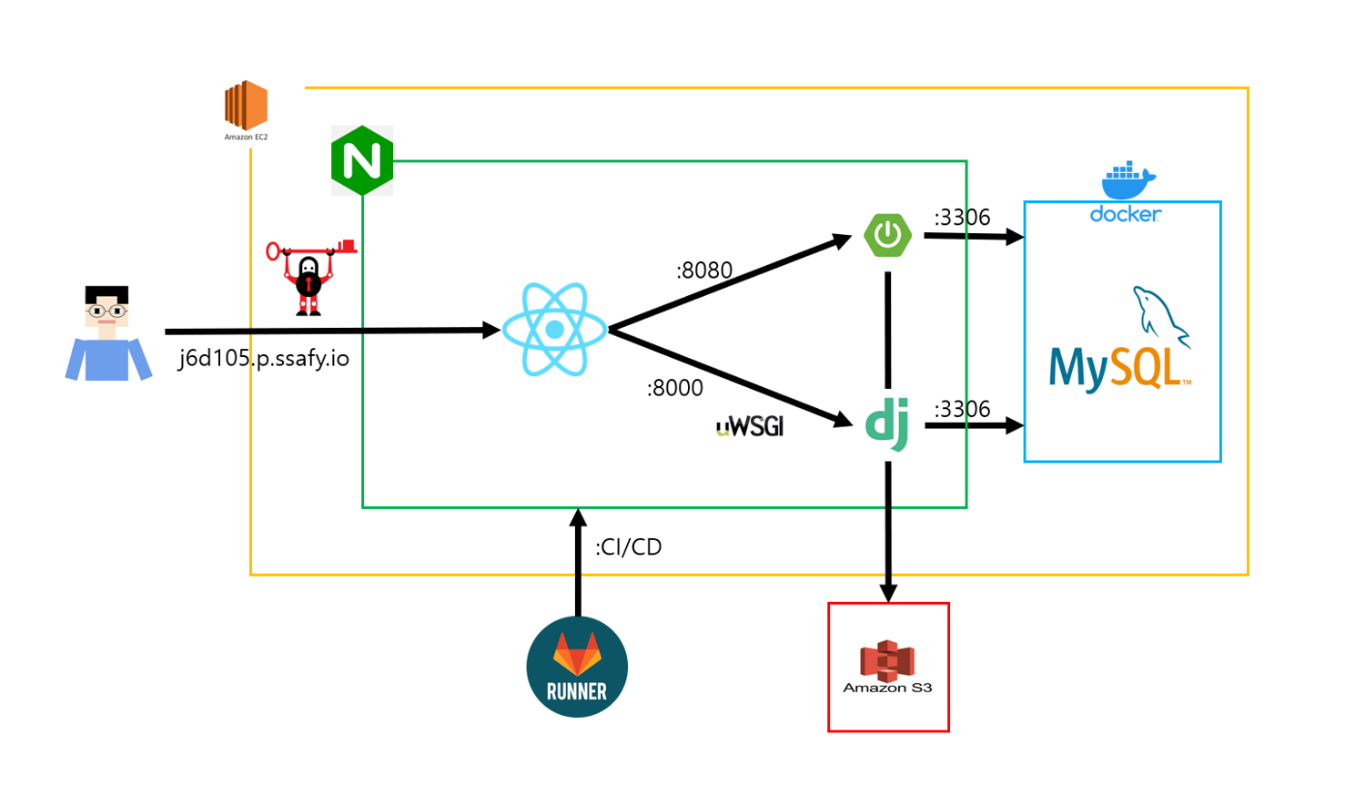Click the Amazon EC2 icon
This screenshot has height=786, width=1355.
coord(246,107)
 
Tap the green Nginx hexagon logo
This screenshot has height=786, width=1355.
coord(362,161)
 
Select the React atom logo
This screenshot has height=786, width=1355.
coord(554,330)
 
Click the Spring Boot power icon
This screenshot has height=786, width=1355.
coord(887,235)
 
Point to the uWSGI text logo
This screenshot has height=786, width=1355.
coord(750,426)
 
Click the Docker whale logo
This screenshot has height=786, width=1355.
coord(1127,181)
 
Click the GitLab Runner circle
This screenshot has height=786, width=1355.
coord(577,667)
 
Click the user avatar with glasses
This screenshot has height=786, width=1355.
coord(108,333)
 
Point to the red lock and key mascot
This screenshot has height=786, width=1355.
coord(309,277)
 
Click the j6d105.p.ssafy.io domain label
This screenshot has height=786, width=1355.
coord(264,358)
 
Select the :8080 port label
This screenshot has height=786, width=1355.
coord(704,271)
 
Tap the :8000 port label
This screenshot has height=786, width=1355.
coord(675,388)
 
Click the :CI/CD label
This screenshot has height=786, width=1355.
coord(628,547)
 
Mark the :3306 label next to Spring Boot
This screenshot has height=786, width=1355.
coord(962,218)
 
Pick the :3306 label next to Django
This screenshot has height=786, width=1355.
coord(962,409)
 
